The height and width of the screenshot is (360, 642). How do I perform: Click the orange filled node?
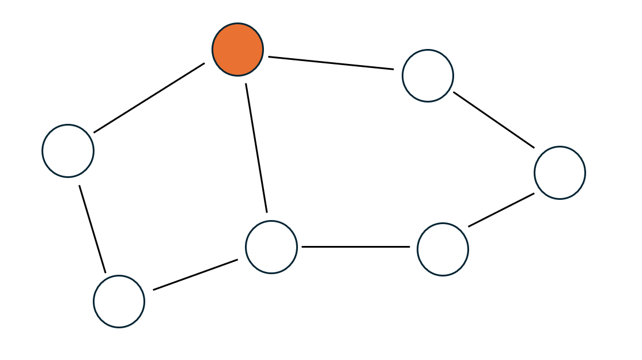click(x=237, y=50)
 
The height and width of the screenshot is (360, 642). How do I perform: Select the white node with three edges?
click(x=271, y=247)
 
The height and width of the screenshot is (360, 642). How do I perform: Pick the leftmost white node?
click(x=68, y=151)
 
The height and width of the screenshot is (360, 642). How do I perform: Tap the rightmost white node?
click(x=560, y=173)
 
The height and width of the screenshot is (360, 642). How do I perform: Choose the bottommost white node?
click(x=119, y=301)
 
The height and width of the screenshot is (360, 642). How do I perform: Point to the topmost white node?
click(x=428, y=75)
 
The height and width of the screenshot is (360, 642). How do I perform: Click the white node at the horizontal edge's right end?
click(x=443, y=249)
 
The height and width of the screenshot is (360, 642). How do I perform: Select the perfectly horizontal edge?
click(x=356, y=247)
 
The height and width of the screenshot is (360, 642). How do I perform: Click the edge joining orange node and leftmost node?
click(x=149, y=98)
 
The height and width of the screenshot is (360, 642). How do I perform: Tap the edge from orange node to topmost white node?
click(x=331, y=63)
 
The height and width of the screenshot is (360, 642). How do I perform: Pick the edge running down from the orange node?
click(x=256, y=148)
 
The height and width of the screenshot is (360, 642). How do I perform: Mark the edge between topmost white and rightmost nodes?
click(x=494, y=120)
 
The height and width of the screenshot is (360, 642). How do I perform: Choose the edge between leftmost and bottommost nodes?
click(x=92, y=229)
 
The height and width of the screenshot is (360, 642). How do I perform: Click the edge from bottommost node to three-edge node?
click(x=195, y=275)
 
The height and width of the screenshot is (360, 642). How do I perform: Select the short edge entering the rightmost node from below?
click(x=501, y=210)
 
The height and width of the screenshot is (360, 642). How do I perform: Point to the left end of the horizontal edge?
click(x=303, y=247)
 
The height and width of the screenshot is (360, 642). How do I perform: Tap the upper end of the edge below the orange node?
click(x=246, y=84)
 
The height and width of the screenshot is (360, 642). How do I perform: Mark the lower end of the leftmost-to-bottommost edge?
click(x=105, y=272)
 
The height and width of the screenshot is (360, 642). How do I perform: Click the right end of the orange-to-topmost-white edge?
click(x=393, y=69)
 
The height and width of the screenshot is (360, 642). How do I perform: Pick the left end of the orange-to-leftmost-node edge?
click(x=95, y=132)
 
